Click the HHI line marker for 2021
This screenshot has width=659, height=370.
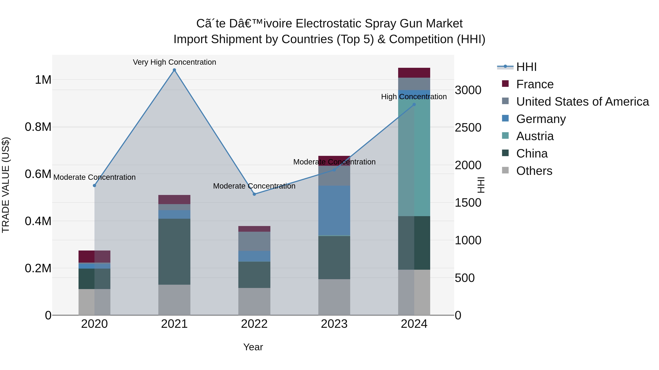pos(174,70)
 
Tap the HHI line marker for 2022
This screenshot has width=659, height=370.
pos(254,194)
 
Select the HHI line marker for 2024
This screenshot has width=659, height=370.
pos(414,105)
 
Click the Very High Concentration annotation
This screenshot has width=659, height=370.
pos(174,62)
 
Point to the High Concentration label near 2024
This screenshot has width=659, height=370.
pos(414,97)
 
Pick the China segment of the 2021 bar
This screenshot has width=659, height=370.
pos(174,252)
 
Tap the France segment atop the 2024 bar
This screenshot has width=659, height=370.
pos(414,73)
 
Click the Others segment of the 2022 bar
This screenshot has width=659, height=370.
pos(254,301)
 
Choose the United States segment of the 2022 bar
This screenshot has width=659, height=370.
pos(254,241)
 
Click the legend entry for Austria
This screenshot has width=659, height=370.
pos(535,136)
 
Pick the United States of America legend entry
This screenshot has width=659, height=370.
pos(582,102)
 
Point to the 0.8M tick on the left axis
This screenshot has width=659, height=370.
pos(38,127)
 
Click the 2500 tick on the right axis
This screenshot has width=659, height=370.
pos(468,128)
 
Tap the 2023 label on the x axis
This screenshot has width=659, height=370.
pos(334,324)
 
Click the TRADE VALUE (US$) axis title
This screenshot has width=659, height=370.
pos(6,185)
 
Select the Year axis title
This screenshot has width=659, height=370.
pos(253,347)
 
